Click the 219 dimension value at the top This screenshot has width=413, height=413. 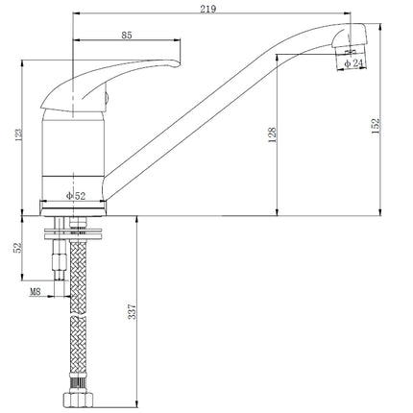(x=207, y=9)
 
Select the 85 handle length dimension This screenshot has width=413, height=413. (x=127, y=36)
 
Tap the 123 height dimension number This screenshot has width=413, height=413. (x=18, y=134)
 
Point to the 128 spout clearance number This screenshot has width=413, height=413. (x=272, y=134)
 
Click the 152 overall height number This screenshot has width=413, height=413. (x=376, y=126)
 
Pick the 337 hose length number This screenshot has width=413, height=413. (x=132, y=311)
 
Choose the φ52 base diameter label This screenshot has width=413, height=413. (x=76, y=196)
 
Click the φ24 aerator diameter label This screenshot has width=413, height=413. (x=353, y=63)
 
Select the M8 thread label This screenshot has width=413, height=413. (x=36, y=292)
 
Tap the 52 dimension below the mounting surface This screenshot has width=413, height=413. (x=18, y=247)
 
